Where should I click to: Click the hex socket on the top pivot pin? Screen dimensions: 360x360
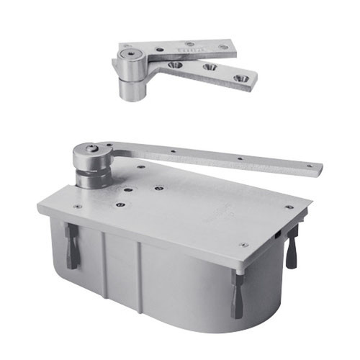129,55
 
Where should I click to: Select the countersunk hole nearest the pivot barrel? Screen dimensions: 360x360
174,65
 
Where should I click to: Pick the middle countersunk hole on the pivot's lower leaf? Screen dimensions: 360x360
209,68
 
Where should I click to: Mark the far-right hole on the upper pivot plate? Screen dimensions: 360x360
224,47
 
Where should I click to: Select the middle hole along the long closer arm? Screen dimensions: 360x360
239,158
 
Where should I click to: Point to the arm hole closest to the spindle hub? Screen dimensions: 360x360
172,151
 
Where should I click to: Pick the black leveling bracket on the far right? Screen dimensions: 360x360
292,248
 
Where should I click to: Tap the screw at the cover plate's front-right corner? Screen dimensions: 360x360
244,245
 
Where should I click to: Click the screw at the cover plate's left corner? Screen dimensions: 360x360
78,207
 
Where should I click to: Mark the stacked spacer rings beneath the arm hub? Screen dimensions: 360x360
92,173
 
